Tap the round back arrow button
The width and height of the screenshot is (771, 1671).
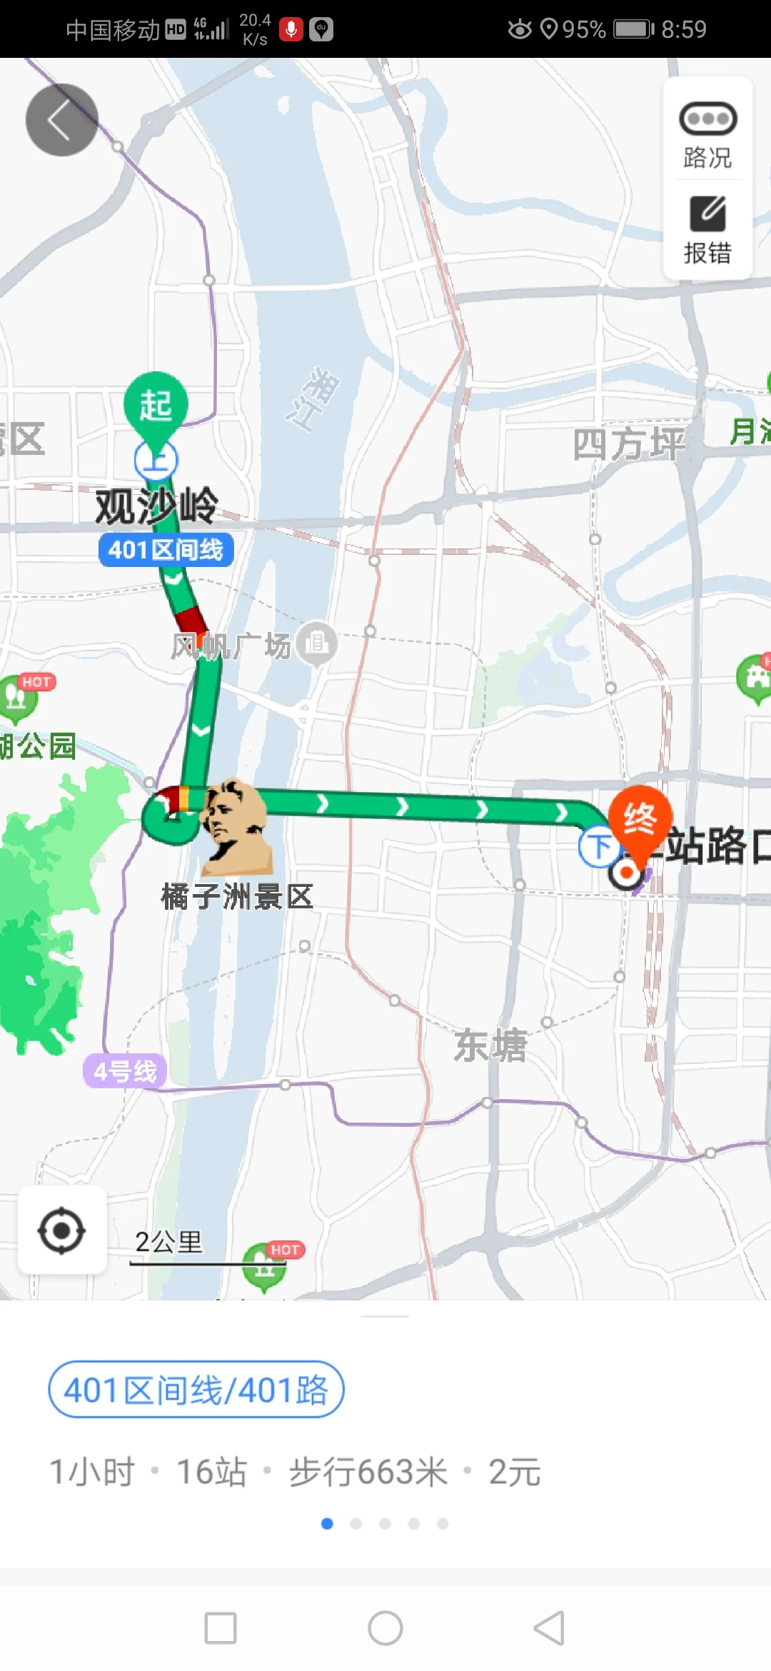[61, 120]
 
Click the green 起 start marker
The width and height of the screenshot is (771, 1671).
[156, 405]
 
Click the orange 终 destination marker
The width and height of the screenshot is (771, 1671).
[640, 819]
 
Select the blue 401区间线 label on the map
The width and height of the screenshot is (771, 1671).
[166, 550]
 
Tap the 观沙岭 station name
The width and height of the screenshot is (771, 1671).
[156, 506]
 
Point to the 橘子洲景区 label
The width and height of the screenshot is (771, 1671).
[237, 896]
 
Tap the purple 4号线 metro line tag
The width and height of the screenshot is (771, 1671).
[125, 1071]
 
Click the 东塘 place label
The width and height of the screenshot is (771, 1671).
[490, 1045]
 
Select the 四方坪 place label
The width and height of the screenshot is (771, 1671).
[628, 444]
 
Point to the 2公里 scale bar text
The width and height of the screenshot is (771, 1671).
[169, 1242]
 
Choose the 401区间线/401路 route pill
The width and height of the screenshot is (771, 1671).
[196, 1390]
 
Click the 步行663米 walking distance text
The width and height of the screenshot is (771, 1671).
[368, 1472]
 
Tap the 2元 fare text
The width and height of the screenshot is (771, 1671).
[514, 1472]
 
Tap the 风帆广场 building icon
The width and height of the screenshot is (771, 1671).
[316, 643]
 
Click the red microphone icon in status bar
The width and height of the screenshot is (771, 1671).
[291, 29]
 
